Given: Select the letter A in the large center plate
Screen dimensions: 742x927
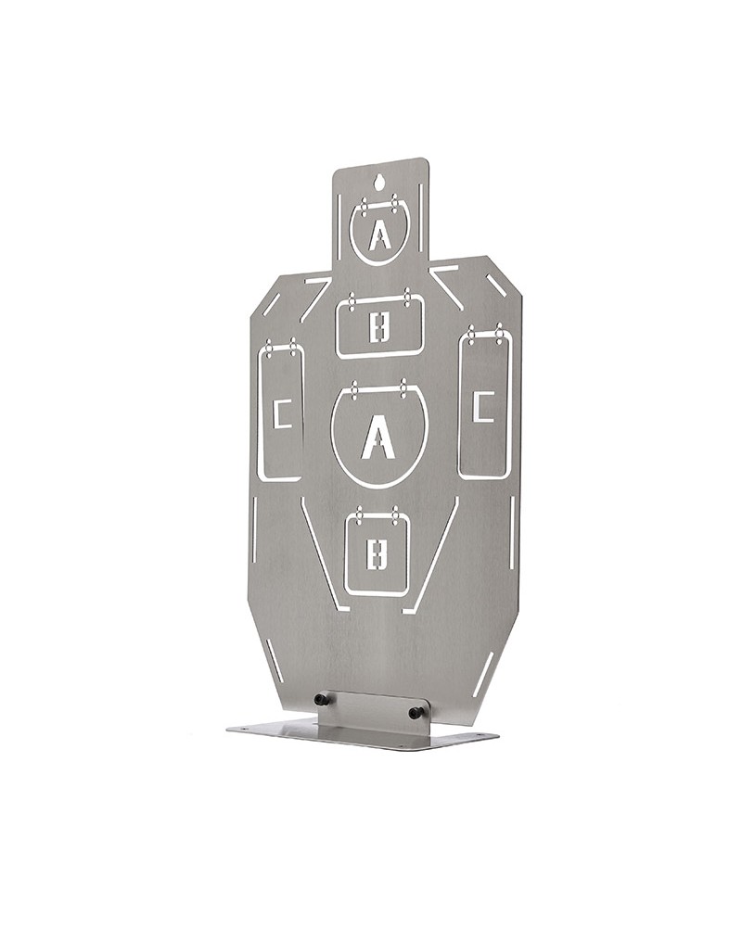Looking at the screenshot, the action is point(377,437).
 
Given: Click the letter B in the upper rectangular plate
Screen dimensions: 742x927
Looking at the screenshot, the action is point(380,327).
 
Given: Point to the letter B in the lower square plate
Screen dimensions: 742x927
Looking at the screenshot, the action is point(377,554).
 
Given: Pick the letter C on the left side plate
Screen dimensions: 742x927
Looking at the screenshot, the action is point(282,413).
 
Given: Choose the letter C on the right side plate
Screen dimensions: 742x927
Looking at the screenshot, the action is point(484,406).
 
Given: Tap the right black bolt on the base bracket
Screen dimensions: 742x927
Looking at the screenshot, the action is point(416,713).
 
